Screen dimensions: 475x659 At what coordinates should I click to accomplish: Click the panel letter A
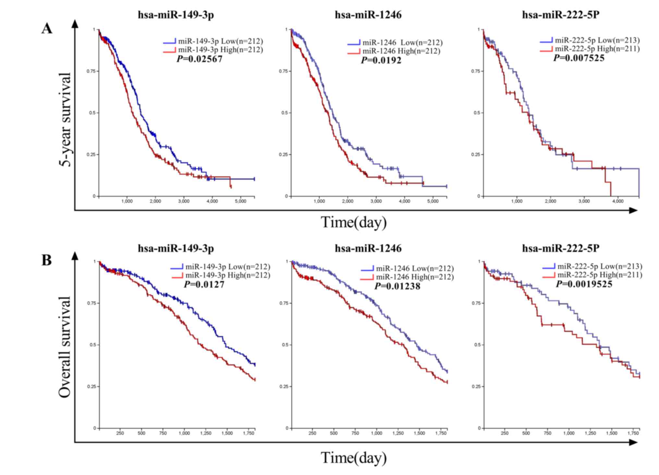47,29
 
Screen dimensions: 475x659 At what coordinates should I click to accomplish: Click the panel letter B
47,260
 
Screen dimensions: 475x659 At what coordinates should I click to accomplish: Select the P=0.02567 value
200,59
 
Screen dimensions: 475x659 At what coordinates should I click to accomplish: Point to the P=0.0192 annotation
381,60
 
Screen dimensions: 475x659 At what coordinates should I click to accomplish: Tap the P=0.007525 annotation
579,58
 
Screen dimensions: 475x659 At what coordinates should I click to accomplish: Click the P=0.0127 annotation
204,285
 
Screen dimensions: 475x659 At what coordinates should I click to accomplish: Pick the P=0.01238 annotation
397,286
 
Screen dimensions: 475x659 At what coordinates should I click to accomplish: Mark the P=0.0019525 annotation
584,284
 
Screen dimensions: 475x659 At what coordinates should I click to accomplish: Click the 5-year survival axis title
65,119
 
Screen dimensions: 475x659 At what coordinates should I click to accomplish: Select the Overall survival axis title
65,347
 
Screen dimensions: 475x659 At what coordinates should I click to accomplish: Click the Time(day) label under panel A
354,222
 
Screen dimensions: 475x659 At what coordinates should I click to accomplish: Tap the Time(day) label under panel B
354,458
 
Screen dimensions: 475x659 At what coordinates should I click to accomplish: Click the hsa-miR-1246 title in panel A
368,15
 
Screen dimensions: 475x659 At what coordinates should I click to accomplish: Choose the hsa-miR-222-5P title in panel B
561,248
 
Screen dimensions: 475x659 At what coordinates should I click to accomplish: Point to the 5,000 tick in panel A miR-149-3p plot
240,201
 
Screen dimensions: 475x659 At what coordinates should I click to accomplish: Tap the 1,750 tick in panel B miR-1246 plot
441,433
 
